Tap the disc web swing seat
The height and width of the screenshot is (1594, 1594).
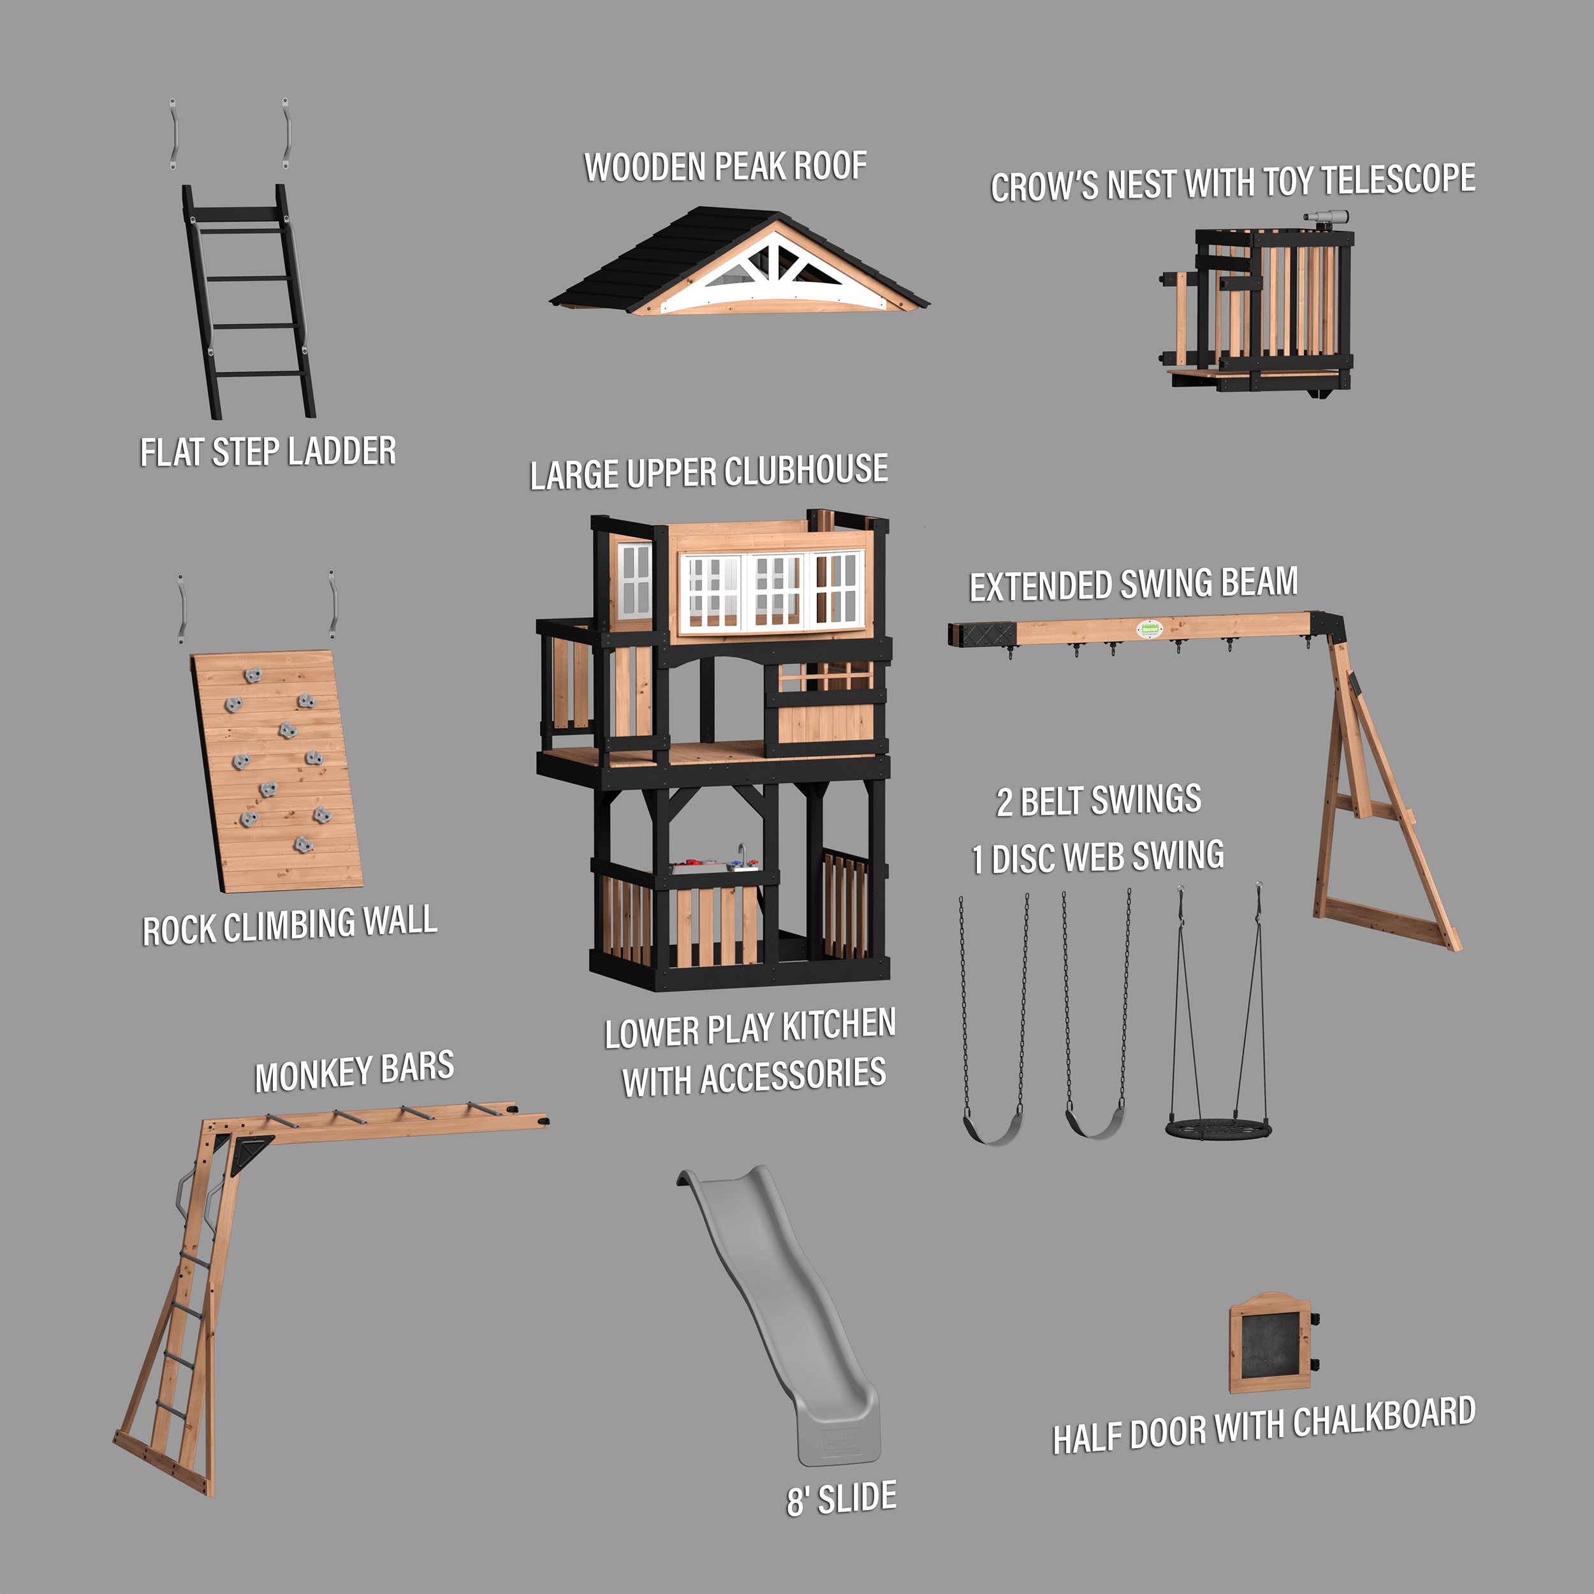(1218, 1129)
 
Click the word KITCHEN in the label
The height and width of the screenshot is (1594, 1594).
(838, 1025)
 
